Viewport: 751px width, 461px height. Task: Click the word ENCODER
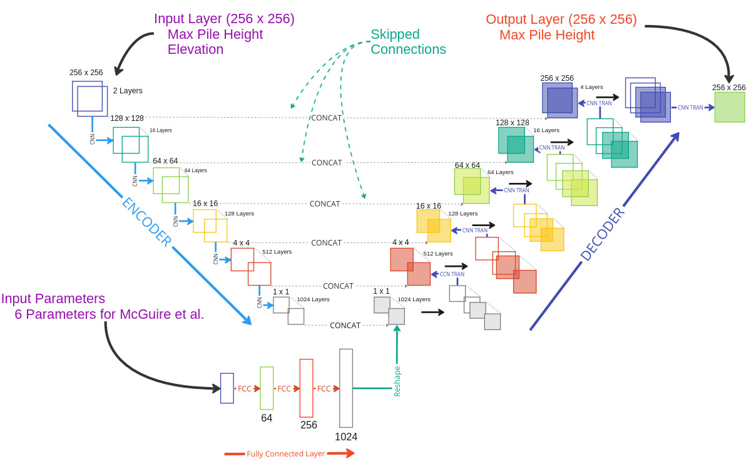coord(146,222)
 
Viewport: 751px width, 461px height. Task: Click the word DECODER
coord(602,233)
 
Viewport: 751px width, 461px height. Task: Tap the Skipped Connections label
coord(408,42)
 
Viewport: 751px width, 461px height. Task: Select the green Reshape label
coord(397,381)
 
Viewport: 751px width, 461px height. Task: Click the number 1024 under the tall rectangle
coord(346,437)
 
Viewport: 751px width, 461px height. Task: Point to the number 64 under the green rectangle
coord(267,418)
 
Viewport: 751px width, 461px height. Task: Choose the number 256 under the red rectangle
coord(309,425)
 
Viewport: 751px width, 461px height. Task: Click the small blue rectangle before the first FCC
coord(227,388)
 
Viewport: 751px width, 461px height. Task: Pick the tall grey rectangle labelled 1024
coord(346,388)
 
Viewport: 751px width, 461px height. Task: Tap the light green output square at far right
coord(730,107)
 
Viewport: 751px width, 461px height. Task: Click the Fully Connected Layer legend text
coord(285,453)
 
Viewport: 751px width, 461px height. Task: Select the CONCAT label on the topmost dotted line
coord(326,118)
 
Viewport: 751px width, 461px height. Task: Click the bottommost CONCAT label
coord(345,326)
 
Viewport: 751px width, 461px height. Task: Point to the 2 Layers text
coord(128,91)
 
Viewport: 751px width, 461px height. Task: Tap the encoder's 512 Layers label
coord(277,252)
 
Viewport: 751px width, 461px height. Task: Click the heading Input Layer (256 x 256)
coord(224,19)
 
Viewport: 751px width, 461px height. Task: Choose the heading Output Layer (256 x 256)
coord(561,19)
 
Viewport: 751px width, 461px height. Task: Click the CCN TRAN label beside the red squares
coord(452,274)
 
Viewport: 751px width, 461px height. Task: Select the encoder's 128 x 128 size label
coord(127,118)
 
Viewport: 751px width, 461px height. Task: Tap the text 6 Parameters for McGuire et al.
coord(110,314)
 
